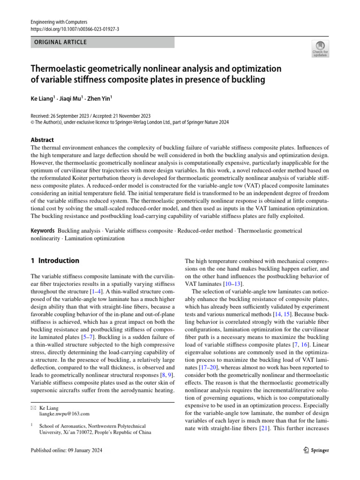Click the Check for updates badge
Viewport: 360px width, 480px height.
pos(320,49)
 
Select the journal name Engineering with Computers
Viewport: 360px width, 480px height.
pos(59,22)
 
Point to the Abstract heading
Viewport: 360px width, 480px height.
pos(42,140)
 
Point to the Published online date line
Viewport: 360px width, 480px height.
pos(66,450)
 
